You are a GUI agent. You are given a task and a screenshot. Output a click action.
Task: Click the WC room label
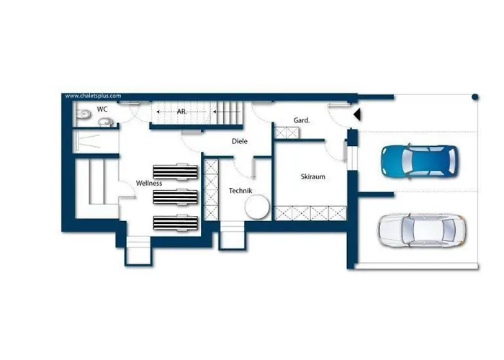[x=102, y=109]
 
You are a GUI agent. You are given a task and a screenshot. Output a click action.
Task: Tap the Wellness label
[x=149, y=183]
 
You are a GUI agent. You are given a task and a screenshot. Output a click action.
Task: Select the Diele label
[x=240, y=141]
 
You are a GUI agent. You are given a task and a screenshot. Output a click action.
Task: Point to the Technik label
[x=240, y=191]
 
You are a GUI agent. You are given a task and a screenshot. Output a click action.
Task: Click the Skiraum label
[x=312, y=176]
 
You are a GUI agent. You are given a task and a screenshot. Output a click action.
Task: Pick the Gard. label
[x=302, y=120]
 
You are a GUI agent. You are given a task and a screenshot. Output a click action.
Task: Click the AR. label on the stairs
[x=181, y=112]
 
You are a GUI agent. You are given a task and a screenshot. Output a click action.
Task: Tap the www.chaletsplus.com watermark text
[x=93, y=96]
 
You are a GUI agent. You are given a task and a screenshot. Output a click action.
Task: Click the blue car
[x=420, y=161]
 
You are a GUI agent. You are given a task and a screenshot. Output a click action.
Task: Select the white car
[x=421, y=230]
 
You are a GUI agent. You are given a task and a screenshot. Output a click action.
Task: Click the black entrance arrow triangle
[x=357, y=114]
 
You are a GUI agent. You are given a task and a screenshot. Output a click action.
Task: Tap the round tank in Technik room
[x=257, y=207]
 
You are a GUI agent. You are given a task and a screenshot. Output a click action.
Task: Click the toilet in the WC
[x=83, y=114]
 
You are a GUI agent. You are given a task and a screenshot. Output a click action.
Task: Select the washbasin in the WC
[x=105, y=122]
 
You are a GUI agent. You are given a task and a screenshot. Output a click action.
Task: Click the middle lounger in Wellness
[x=175, y=197]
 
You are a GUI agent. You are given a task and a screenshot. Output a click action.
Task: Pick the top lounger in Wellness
[x=175, y=171]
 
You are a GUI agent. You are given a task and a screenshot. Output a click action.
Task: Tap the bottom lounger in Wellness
[x=176, y=222]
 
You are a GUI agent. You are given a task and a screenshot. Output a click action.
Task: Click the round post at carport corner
[x=475, y=96]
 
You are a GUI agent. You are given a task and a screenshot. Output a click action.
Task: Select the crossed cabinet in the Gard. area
[x=287, y=132]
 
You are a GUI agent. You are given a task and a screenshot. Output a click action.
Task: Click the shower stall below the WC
[x=96, y=141]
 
